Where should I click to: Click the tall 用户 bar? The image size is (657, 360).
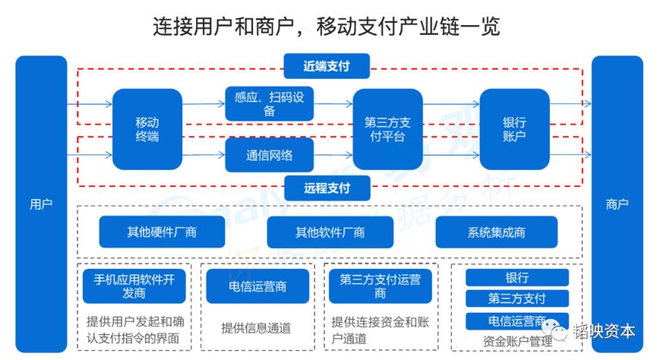coord(41,204)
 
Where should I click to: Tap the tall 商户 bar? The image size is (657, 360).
coord(617,204)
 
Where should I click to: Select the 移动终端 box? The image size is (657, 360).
coord(147,129)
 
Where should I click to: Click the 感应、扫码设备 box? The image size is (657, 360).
coord(269,104)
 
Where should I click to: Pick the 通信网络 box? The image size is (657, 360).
coord(269,155)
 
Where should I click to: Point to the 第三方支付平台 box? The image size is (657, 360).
coord(387,129)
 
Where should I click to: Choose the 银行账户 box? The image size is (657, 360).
coord(514,129)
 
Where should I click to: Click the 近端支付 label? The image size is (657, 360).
coord(326,65)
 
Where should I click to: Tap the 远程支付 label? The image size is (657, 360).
coord(326,188)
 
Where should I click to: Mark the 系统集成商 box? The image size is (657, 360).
coord(496,232)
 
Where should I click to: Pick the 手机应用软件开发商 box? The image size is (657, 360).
coord(134,286)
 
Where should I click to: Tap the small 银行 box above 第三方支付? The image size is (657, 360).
coord(517,278)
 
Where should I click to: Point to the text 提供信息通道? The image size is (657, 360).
coord(256,328)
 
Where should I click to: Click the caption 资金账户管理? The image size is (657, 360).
coord(517,342)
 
